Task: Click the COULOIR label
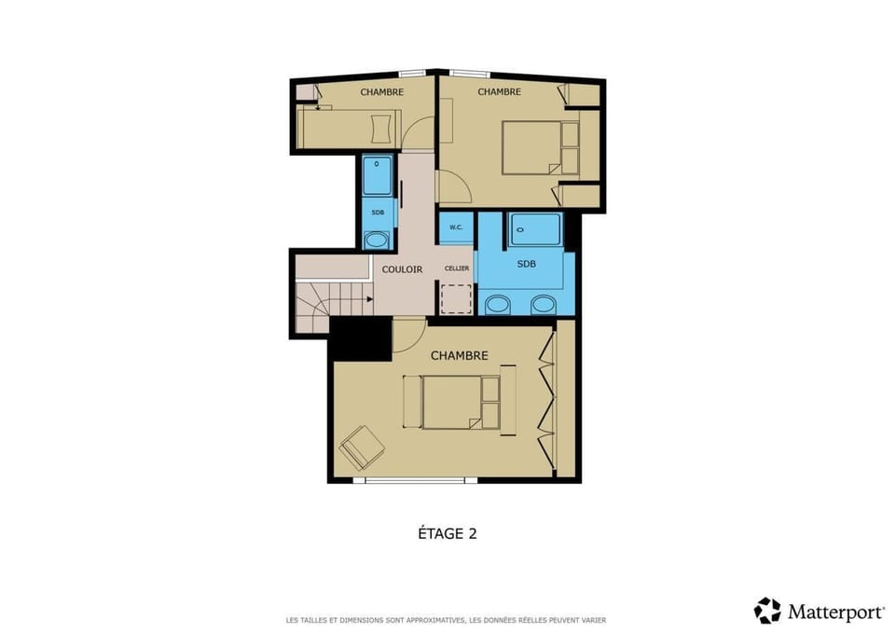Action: (x=402, y=269)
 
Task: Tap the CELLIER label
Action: (x=457, y=268)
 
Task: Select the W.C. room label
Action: (x=457, y=227)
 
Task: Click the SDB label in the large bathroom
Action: (x=527, y=264)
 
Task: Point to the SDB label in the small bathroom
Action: (x=378, y=213)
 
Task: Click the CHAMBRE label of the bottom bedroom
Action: (x=459, y=356)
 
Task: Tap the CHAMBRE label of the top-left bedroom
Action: (x=382, y=91)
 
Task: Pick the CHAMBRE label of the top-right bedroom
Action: (x=499, y=91)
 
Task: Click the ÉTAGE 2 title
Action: (x=447, y=534)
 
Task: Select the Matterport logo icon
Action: (x=767, y=611)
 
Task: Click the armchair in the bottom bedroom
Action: (x=362, y=447)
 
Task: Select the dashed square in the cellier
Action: (x=457, y=298)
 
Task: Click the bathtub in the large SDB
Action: (x=535, y=228)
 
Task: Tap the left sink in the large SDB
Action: (x=499, y=304)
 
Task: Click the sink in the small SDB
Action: (x=377, y=241)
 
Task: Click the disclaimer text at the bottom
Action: (x=447, y=620)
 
